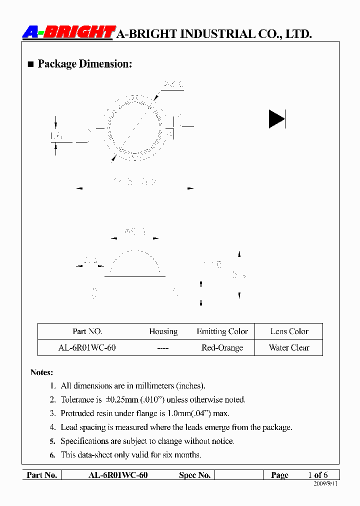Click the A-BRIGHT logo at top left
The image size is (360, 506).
pyautogui.click(x=69, y=32)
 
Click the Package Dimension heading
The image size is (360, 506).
pyautogui.click(x=84, y=64)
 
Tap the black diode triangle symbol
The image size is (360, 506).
pyautogui.click(x=276, y=118)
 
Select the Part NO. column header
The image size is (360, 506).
pyautogui.click(x=87, y=331)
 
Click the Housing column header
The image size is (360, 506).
pyautogui.click(x=163, y=331)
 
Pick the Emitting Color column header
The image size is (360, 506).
pyautogui.click(x=222, y=331)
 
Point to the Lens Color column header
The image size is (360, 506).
pyautogui.click(x=289, y=331)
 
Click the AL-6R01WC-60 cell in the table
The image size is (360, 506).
pyautogui.click(x=87, y=347)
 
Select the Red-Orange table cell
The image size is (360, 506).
pyautogui.click(x=222, y=347)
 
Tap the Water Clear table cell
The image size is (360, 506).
pyautogui.click(x=289, y=347)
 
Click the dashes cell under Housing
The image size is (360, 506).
pyautogui.click(x=163, y=347)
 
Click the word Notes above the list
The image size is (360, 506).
pyautogui.click(x=41, y=372)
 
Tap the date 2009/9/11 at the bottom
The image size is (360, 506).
pyautogui.click(x=325, y=484)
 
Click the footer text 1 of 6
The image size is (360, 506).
pyautogui.click(x=318, y=475)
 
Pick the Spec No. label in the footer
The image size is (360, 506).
pyautogui.click(x=194, y=475)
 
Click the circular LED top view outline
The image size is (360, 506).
pyautogui.click(x=134, y=128)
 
